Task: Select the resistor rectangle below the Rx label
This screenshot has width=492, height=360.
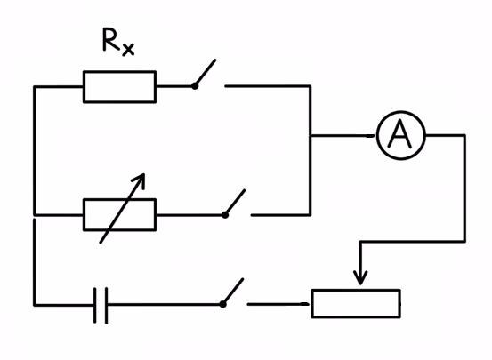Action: (119, 87)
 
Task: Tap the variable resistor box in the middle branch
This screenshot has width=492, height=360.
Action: (119, 214)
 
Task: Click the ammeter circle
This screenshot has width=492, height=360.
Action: (400, 136)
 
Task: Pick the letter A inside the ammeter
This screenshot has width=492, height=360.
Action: (400, 136)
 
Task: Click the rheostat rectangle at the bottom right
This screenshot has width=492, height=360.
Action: (355, 303)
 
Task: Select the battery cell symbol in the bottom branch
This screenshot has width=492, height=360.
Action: (101, 304)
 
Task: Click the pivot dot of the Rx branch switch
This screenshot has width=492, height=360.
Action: (194, 86)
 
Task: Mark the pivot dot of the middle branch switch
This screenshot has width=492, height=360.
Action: (225, 214)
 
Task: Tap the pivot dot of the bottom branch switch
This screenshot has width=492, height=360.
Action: (222, 304)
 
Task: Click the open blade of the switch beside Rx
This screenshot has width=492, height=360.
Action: (205, 73)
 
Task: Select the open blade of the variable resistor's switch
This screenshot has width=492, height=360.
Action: (236, 202)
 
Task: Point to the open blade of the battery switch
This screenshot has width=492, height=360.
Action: (233, 291)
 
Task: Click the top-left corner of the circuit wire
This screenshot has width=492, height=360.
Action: (34, 87)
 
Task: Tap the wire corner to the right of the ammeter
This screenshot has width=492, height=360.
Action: (464, 136)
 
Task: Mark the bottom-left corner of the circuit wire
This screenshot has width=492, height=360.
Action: (34, 304)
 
